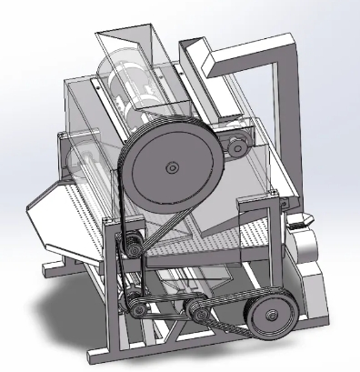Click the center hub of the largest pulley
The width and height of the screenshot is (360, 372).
pyautogui.click(x=170, y=166)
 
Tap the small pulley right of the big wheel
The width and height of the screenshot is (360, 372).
pyautogui.click(x=238, y=142)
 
